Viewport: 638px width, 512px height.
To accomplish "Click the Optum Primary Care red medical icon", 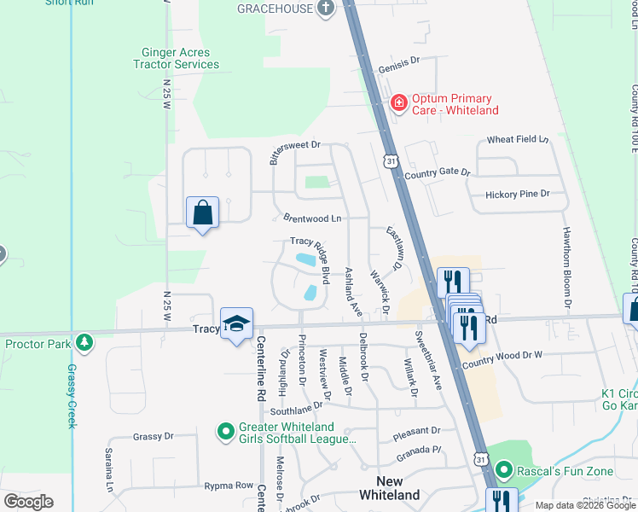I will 398,103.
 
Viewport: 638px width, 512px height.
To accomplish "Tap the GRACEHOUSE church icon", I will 324,9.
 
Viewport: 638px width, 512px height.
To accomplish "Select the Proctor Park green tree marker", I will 84,343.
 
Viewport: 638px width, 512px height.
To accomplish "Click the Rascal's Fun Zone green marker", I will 504,469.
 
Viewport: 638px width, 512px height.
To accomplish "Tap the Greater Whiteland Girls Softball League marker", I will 225,432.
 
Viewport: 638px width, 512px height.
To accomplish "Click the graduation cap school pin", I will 237,323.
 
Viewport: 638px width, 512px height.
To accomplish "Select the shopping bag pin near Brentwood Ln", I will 203,212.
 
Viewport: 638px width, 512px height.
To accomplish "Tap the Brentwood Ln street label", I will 307,218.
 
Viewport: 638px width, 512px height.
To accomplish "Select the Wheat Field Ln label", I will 517,139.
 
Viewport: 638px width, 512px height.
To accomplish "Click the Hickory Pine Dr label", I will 517,195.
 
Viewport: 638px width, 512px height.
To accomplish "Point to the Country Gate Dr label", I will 438,172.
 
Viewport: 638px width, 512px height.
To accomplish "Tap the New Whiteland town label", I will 389,488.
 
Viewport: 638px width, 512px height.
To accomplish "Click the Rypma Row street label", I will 229,486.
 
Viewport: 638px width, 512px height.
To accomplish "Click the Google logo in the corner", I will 28,502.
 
